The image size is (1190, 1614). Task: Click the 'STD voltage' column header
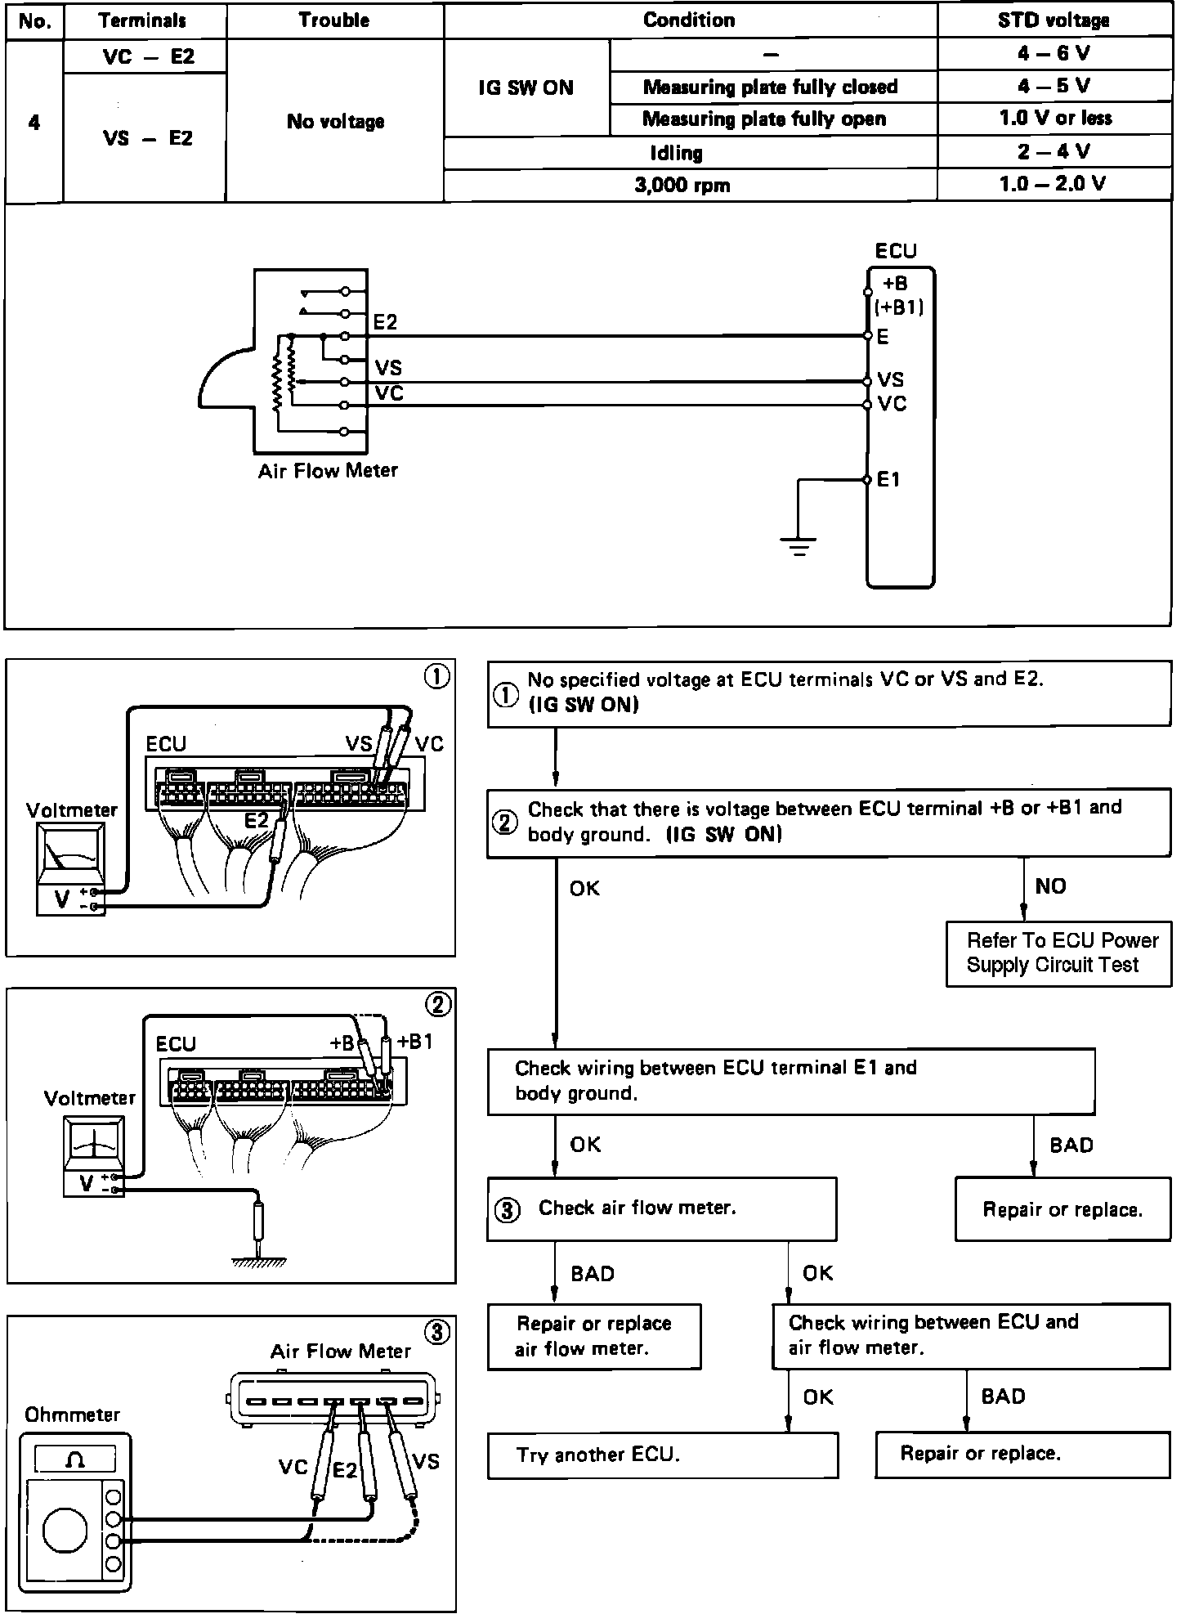coord(1054,20)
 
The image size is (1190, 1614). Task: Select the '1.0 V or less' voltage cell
coord(1054,119)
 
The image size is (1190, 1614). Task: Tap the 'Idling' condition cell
coord(676,153)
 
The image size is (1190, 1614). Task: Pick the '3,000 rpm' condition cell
coord(682,186)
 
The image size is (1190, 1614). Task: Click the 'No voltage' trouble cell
coord(335,122)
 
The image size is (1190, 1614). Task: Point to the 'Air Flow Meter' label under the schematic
coord(328,471)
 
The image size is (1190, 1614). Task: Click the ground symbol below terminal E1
coord(799,545)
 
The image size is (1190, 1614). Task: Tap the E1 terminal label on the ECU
coord(888,480)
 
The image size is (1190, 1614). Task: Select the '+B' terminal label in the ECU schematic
coord(895,284)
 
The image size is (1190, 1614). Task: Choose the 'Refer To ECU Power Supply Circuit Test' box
coord(1058,953)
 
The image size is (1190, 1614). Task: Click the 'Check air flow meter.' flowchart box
coord(661,1208)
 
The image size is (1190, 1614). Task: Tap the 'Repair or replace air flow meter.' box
coord(594,1336)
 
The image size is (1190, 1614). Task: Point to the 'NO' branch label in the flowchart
coord(1050,886)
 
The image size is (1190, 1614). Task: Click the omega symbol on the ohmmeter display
coord(74,1459)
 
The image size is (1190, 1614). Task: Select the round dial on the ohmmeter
coord(65,1531)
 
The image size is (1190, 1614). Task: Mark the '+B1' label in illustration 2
coord(414,1042)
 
